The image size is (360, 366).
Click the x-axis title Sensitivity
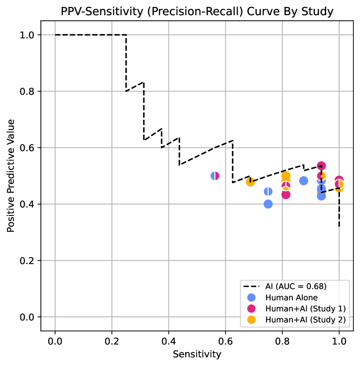(x=197, y=354)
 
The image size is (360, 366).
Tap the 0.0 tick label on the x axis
(x=55, y=341)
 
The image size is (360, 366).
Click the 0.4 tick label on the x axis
(x=169, y=341)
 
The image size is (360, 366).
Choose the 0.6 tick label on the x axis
(x=226, y=341)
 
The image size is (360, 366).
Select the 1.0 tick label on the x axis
(x=339, y=341)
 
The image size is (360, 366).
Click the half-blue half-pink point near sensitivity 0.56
(x=215, y=176)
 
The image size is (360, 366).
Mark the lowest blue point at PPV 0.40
(x=268, y=204)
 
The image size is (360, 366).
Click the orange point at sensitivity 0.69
(x=250, y=182)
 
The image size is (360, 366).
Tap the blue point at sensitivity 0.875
(x=304, y=180)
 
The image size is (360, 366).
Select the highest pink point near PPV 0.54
(x=321, y=166)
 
